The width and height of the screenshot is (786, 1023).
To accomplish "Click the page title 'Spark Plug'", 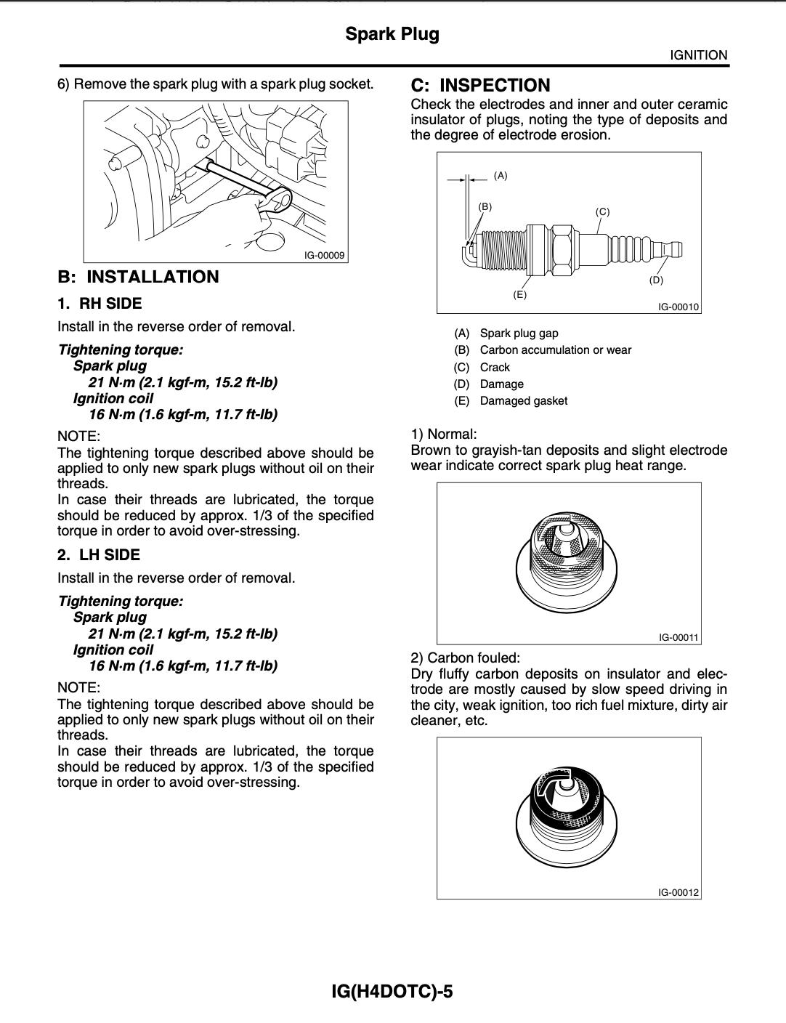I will pyautogui.click(x=392, y=34).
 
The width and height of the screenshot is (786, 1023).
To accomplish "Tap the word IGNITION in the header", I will pyautogui.click(x=698, y=55).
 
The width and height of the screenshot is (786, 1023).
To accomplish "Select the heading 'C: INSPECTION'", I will pyautogui.click(x=480, y=85).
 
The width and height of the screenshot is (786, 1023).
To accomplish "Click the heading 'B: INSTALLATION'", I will pyautogui.click(x=138, y=277).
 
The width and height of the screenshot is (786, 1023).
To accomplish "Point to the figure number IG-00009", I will pyautogui.click(x=325, y=256).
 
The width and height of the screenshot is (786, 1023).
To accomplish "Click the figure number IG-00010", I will pyautogui.click(x=678, y=307).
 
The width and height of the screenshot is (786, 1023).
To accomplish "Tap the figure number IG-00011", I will pyautogui.click(x=678, y=637).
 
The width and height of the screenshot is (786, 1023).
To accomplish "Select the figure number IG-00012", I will pyautogui.click(x=678, y=892).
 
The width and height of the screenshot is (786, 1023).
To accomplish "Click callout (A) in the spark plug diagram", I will pyautogui.click(x=501, y=175).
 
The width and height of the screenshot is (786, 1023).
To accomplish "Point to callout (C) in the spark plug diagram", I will pyautogui.click(x=602, y=212).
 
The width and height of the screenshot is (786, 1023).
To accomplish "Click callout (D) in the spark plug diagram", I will pyautogui.click(x=656, y=280).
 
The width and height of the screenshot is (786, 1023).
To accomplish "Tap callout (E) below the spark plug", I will pyautogui.click(x=519, y=294).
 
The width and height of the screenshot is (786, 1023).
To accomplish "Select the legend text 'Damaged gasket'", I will pyautogui.click(x=523, y=401).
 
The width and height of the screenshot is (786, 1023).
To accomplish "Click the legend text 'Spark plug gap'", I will pyautogui.click(x=519, y=333).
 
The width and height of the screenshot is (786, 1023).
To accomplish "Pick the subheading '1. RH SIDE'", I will pyautogui.click(x=100, y=304).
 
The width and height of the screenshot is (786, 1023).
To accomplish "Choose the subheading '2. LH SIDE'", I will pyautogui.click(x=99, y=555).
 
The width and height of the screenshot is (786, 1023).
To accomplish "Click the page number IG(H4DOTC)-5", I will pyautogui.click(x=392, y=992).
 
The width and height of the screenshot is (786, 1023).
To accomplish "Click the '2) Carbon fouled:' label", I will pyautogui.click(x=465, y=658).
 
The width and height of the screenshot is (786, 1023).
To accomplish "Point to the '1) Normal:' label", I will pyautogui.click(x=443, y=434).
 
